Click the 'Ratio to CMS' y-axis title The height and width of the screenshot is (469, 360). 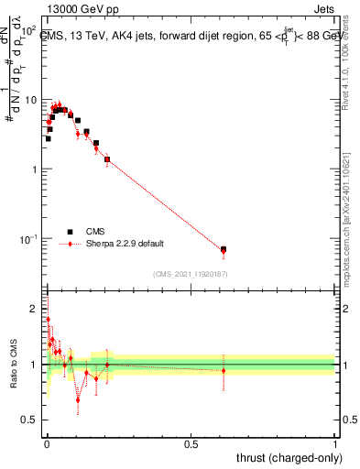pyautogui.click(x=13, y=365)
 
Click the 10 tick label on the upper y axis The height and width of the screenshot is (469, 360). pyautogui.click(x=30, y=100)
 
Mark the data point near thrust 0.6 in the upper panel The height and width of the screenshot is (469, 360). pyautogui.click(x=224, y=249)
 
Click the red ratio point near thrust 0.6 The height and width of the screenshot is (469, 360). pyautogui.click(x=224, y=371)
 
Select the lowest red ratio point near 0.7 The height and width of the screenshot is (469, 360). pyautogui.click(x=78, y=399)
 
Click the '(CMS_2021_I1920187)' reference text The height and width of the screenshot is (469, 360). pyautogui.click(x=191, y=273)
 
